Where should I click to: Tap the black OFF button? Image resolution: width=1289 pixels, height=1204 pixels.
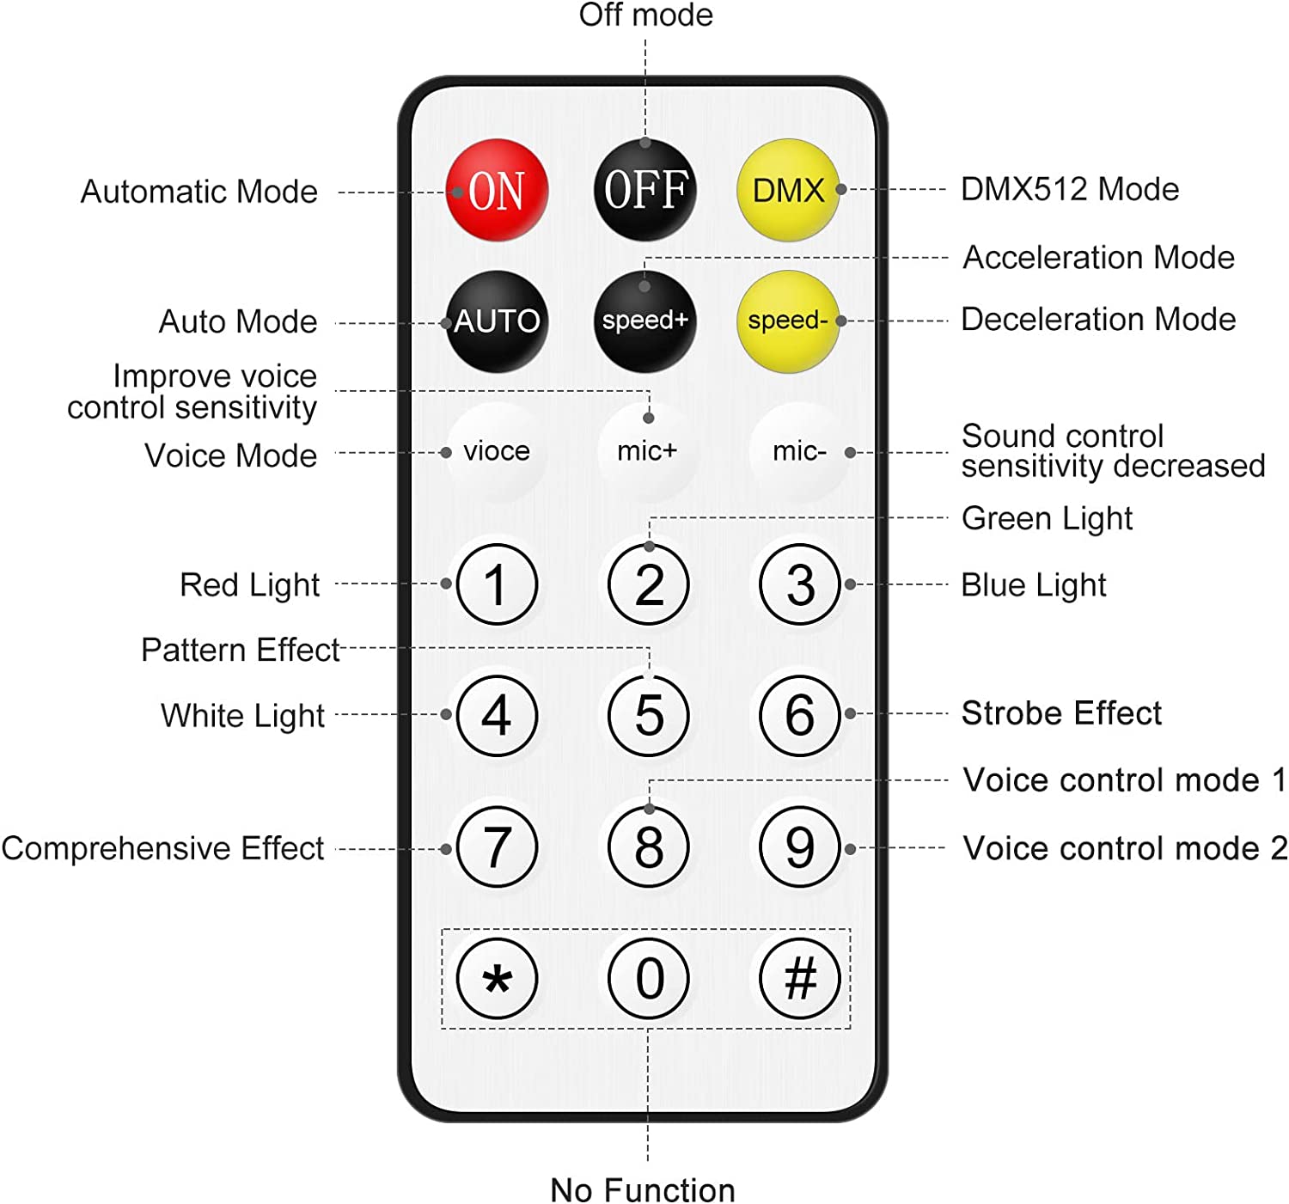[644, 190]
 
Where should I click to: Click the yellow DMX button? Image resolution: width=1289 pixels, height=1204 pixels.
[788, 190]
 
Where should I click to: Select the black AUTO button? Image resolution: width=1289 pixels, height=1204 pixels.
[498, 321]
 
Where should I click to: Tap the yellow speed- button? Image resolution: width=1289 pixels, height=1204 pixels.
[788, 321]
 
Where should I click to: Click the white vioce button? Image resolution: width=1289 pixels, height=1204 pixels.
[498, 451]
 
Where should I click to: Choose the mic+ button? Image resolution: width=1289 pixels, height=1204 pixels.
[648, 451]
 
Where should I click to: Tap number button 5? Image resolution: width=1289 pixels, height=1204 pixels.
[649, 715]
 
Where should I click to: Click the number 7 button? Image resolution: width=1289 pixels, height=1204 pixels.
[498, 846]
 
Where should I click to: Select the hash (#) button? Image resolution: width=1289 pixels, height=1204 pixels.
[800, 979]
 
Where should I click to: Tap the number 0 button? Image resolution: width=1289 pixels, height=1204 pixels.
[649, 979]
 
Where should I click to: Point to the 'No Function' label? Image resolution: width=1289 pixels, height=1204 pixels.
[643, 1189]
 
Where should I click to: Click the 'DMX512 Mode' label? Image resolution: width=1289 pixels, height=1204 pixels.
[1070, 189]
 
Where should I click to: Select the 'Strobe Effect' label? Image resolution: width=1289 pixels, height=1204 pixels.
[1061, 712]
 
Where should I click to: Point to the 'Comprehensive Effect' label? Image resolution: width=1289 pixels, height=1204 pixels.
[162, 848]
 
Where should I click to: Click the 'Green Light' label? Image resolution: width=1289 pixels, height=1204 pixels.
[1047, 519]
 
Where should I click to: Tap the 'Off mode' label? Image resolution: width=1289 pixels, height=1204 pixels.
[646, 15]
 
